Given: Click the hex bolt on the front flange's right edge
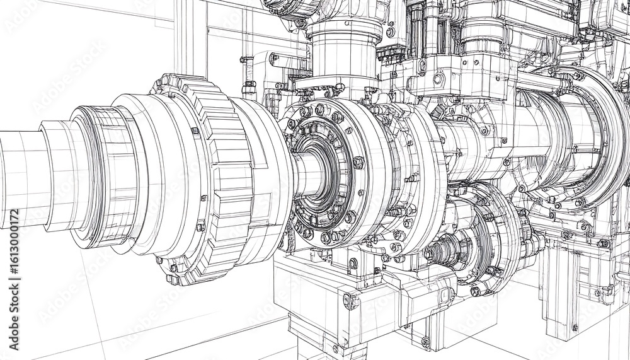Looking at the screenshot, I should coord(358,163).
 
